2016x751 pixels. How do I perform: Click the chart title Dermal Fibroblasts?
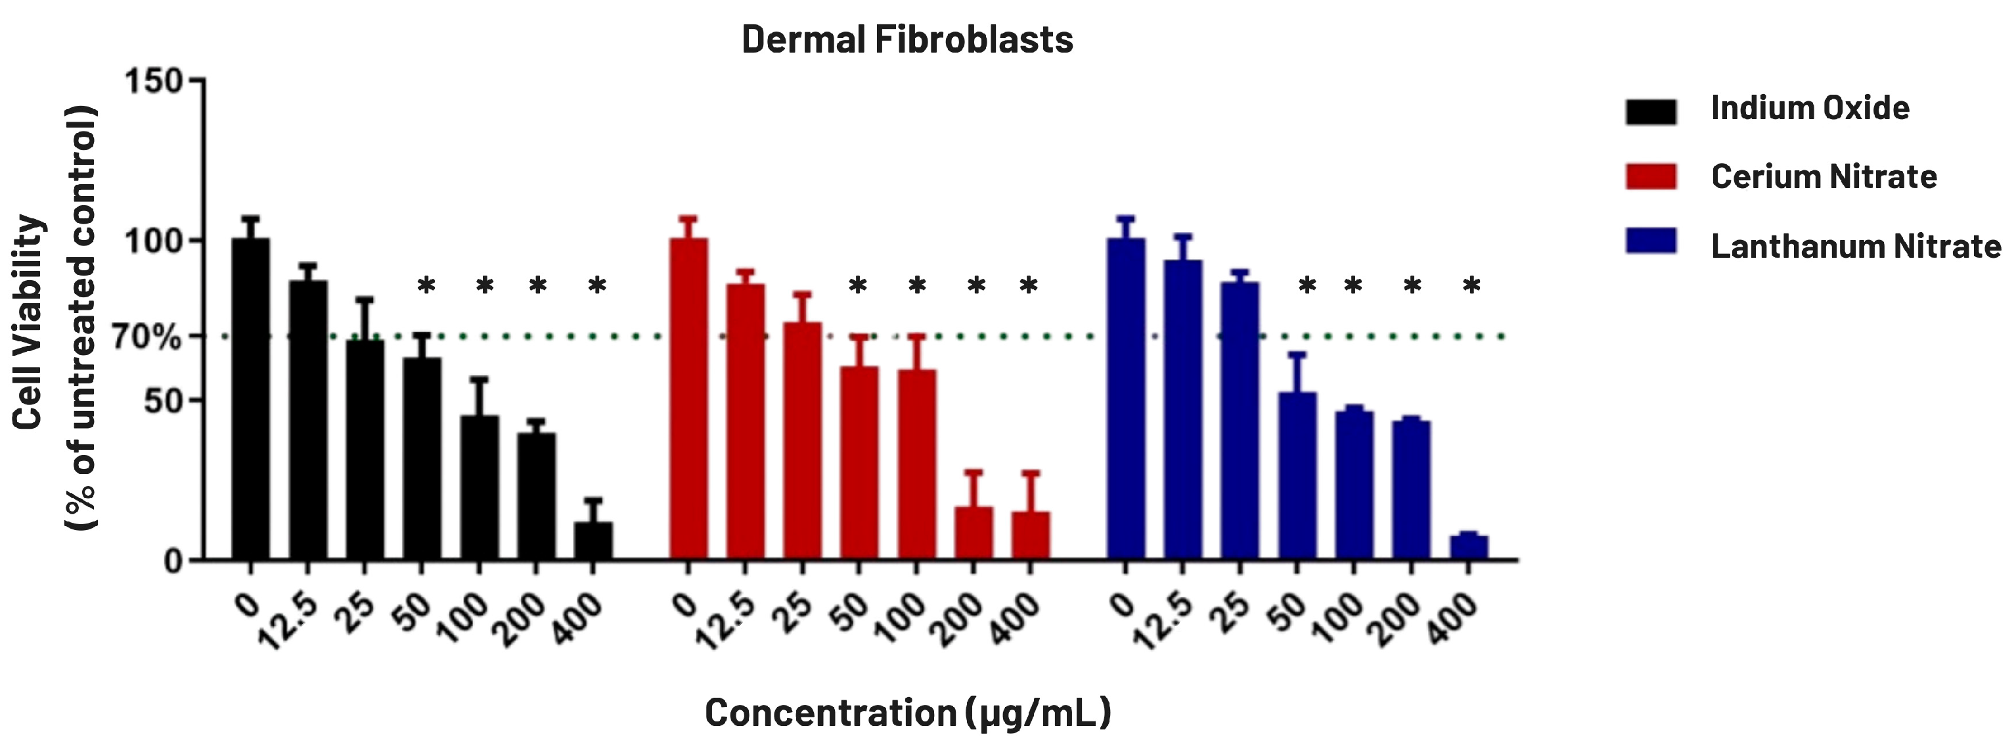coord(907,39)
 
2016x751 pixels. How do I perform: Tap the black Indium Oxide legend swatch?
coord(1651,111)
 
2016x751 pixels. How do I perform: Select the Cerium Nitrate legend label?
coord(1824,177)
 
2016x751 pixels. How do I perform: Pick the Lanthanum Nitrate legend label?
coord(1856,247)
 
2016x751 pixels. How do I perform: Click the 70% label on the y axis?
coord(146,337)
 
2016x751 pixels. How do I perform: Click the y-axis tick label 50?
coord(163,401)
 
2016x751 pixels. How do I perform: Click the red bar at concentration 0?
coord(688,399)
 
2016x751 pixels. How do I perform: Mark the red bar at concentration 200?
coord(974,533)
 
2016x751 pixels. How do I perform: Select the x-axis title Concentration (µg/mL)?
coord(908,713)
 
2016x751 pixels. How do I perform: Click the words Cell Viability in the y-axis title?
coord(28,321)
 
